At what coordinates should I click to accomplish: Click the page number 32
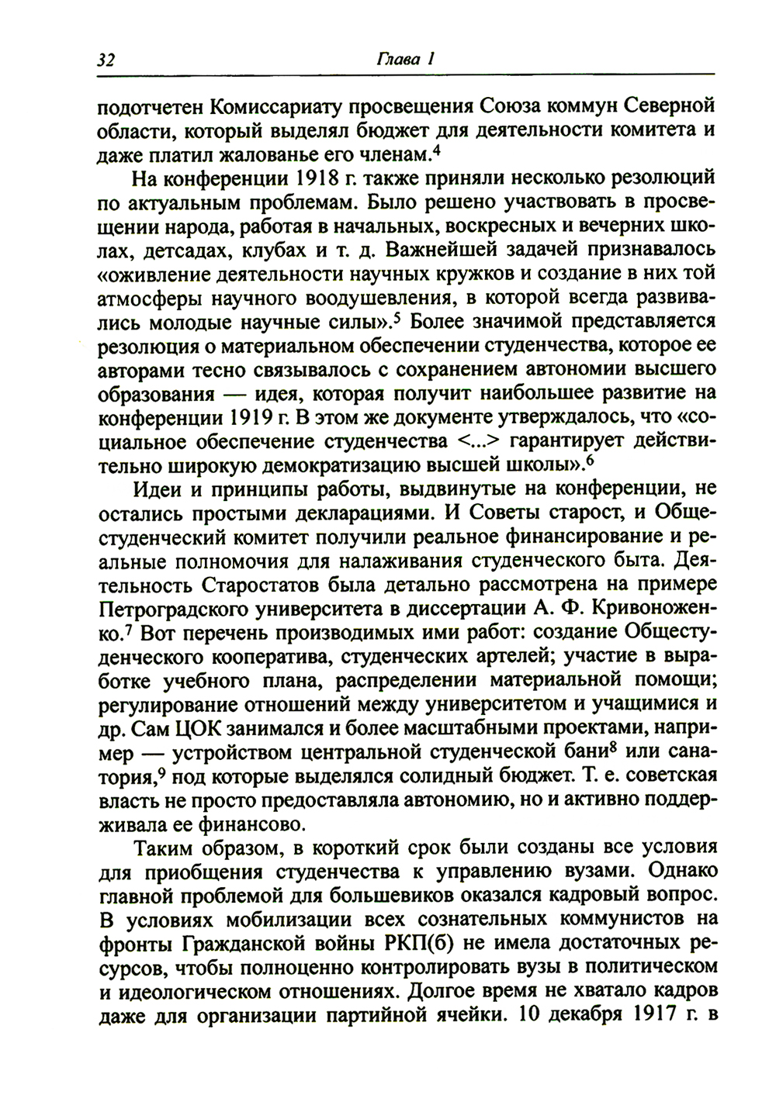pyautogui.click(x=107, y=60)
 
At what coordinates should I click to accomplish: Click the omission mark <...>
pyautogui.click(x=473, y=442)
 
